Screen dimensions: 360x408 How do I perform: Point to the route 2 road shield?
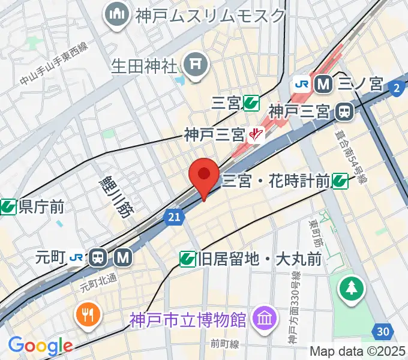pyautogui.click(x=395, y=88)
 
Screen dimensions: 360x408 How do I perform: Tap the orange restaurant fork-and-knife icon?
pyautogui.click(x=88, y=314)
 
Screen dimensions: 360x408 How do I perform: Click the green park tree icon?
pyautogui.click(x=351, y=289)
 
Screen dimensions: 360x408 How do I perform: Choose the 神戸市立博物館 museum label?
pyautogui.click(x=188, y=319)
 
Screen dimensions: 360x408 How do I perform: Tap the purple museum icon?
pyautogui.click(x=262, y=317)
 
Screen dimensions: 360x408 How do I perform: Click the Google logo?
pyautogui.click(x=40, y=346)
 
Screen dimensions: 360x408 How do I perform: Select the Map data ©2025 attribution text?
pyautogui.click(x=358, y=350)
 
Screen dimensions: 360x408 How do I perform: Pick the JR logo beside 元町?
pyautogui.click(x=76, y=258)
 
